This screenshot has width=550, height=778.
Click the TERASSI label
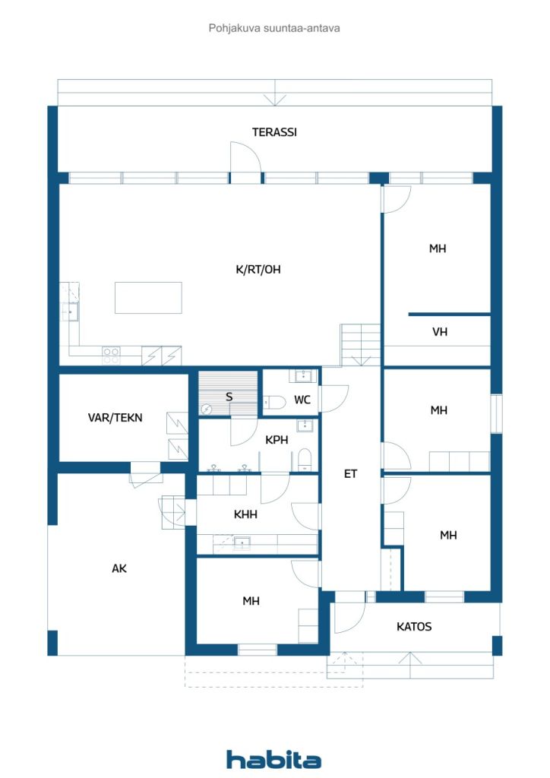(x=274, y=132)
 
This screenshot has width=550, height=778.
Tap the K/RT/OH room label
(x=258, y=270)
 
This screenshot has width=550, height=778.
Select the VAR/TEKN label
(x=115, y=418)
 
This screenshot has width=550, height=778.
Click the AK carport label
(x=119, y=568)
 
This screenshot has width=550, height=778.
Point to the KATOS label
(x=414, y=627)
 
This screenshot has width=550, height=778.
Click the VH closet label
(x=440, y=331)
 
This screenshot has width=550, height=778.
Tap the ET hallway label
(x=351, y=474)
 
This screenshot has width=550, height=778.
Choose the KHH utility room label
(x=245, y=514)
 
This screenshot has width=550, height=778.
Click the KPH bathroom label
(x=277, y=440)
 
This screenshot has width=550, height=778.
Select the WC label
(x=302, y=400)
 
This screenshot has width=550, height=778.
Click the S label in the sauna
(x=229, y=397)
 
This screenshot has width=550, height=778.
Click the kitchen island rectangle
(x=148, y=298)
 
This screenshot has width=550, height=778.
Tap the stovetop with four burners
(x=111, y=356)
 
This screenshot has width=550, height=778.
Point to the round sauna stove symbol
(x=206, y=410)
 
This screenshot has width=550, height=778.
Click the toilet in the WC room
(x=274, y=402)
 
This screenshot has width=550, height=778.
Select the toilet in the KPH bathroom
(x=305, y=460)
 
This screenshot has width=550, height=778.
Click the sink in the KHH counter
(x=242, y=542)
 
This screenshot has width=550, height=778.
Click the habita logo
(x=273, y=759)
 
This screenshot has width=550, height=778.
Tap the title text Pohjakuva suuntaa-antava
(x=274, y=28)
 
